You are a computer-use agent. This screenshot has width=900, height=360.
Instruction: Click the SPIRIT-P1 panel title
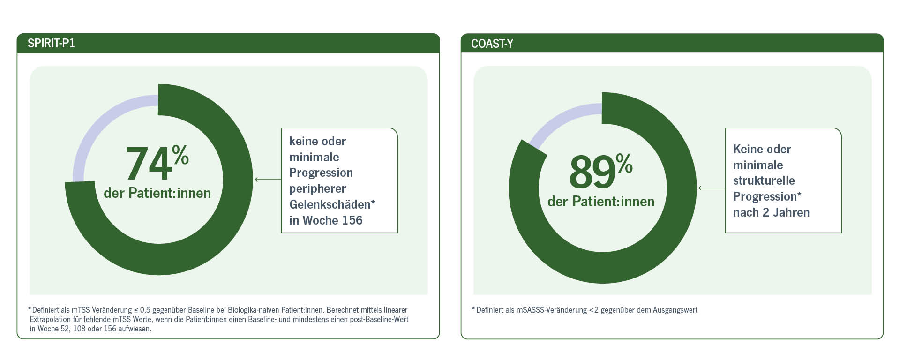coord(51,44)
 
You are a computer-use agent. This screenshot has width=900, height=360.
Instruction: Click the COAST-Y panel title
coord(492,44)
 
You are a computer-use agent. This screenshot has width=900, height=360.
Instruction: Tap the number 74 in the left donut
coord(149,164)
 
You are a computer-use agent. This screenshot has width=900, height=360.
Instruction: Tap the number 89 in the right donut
coord(592,172)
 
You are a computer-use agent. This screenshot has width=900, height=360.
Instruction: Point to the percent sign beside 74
coord(180,155)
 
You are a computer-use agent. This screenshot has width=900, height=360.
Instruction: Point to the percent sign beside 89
coord(624,164)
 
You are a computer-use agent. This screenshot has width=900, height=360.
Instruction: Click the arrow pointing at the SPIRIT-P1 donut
coord(268,180)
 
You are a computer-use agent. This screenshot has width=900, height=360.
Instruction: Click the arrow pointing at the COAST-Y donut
coord(712,188)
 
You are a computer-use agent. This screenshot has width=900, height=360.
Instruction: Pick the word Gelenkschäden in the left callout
coord(330,204)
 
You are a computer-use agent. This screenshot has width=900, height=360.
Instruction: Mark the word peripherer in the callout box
coord(317,189)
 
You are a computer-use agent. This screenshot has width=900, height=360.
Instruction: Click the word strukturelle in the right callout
coord(764,181)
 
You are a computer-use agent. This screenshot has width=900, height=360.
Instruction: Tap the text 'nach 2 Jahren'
coord(771,212)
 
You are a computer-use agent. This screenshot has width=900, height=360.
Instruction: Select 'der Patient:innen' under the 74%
coord(157,193)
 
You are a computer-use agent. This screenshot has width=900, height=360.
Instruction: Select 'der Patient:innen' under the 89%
coord(601,202)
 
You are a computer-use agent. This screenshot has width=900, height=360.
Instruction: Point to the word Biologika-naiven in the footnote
coord(254,310)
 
